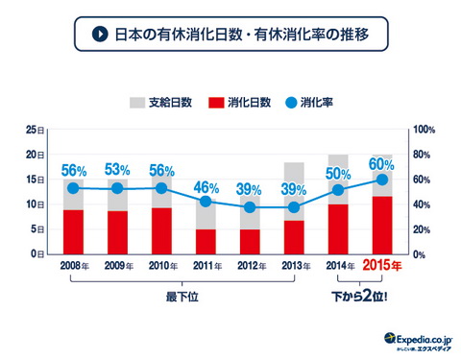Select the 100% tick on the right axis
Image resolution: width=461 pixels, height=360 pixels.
click(424, 129)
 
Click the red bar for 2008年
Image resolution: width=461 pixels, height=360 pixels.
click(73, 231)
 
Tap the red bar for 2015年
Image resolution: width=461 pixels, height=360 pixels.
click(381, 225)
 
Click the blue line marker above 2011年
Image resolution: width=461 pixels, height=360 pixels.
click(206, 202)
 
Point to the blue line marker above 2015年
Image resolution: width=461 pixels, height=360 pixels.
click(381, 180)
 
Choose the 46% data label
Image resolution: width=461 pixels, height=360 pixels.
click(206, 187)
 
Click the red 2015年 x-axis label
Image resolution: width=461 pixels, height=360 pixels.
click(382, 266)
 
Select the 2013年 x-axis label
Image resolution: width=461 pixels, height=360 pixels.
click(294, 266)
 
